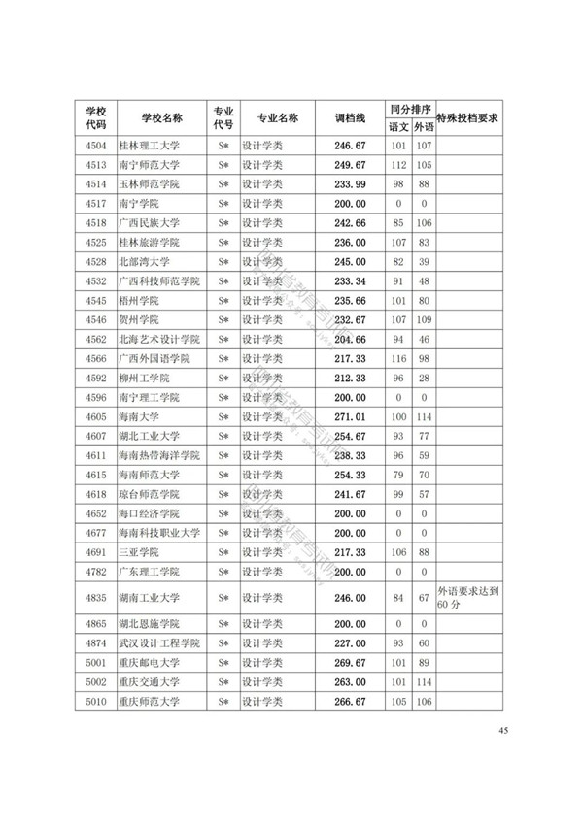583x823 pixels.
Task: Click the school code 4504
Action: [95, 147]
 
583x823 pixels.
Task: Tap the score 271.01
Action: [349, 416]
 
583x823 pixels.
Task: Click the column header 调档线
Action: [349, 117]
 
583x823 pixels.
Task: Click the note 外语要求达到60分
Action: [467, 597]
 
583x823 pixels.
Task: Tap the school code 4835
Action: [95, 597]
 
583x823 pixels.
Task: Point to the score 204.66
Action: [349, 339]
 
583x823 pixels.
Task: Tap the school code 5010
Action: [95, 702]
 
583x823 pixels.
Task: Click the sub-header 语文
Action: [398, 127]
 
